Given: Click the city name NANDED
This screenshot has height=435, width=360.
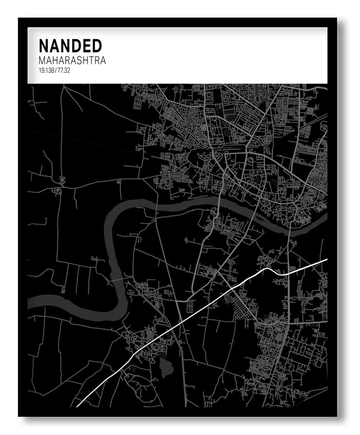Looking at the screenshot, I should (x=70, y=45).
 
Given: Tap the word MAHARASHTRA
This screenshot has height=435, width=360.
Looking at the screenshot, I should (x=73, y=60).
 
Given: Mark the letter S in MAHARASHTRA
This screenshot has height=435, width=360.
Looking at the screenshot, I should (x=79, y=60).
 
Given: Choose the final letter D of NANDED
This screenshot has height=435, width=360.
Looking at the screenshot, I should (x=96, y=45).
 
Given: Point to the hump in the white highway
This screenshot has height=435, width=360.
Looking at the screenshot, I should (x=268, y=269).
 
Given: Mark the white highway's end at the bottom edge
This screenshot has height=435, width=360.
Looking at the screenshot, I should (x=77, y=406).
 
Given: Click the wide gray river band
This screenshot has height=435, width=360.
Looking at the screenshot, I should (x=173, y=207).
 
